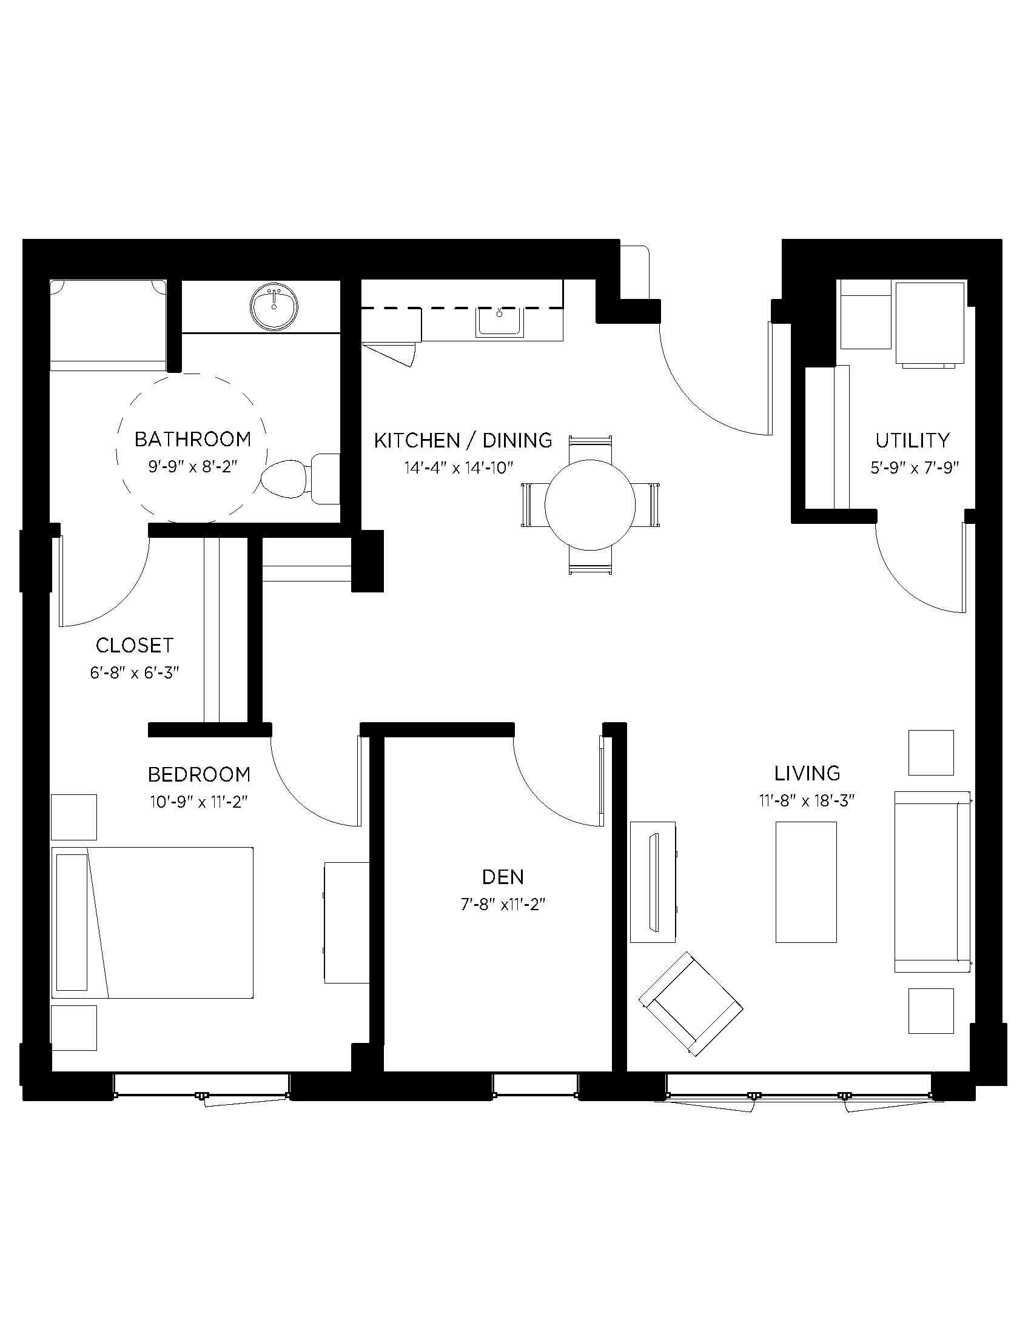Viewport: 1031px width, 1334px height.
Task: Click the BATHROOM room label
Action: coord(192,439)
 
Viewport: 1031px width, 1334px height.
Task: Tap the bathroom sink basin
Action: coord(274,306)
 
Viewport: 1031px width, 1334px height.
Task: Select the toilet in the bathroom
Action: coord(299,478)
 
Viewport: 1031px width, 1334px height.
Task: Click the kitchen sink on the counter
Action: coord(501,321)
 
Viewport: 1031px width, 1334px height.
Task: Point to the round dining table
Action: coord(590,504)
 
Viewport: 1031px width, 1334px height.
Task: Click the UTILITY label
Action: coord(913,440)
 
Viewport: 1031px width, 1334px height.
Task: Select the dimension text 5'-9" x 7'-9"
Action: coord(915,468)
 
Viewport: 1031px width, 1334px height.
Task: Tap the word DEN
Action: coord(503,877)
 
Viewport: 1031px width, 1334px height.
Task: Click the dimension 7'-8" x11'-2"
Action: coord(503,904)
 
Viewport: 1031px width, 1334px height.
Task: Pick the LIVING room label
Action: coord(807,773)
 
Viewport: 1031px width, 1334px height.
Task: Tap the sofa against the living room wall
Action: coord(932,881)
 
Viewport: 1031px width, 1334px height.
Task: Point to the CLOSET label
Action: coord(135,645)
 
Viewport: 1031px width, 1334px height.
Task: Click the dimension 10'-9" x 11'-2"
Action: coord(198,802)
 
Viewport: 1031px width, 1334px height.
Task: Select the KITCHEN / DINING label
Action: coord(463,440)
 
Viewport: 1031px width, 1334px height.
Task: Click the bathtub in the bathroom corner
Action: coord(108,325)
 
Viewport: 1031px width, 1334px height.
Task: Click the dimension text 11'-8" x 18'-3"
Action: coord(806,800)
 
